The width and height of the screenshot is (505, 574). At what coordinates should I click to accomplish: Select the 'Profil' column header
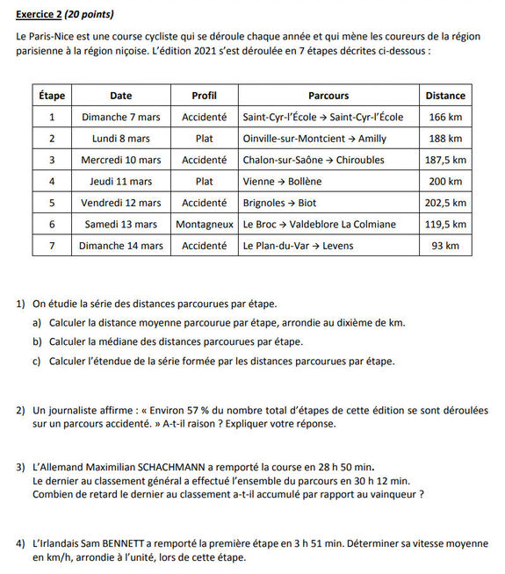(x=204, y=96)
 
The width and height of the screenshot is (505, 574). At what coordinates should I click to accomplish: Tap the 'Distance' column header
(x=445, y=96)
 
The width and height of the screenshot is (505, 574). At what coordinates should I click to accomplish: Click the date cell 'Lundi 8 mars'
(x=121, y=139)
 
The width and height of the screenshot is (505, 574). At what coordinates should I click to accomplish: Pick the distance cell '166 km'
(x=445, y=117)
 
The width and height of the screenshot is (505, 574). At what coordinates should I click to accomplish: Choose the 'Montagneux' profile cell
(x=204, y=225)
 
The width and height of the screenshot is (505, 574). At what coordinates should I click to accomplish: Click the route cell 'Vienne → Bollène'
(x=282, y=182)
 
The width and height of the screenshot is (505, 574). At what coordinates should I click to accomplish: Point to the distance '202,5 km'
(x=445, y=203)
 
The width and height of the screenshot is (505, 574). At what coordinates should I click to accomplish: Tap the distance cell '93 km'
(x=445, y=246)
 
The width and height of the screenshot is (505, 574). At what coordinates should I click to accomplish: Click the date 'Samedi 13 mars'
(x=121, y=225)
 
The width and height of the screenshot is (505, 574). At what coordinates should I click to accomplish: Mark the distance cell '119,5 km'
(x=445, y=225)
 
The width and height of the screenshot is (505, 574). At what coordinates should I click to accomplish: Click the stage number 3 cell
(x=52, y=160)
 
